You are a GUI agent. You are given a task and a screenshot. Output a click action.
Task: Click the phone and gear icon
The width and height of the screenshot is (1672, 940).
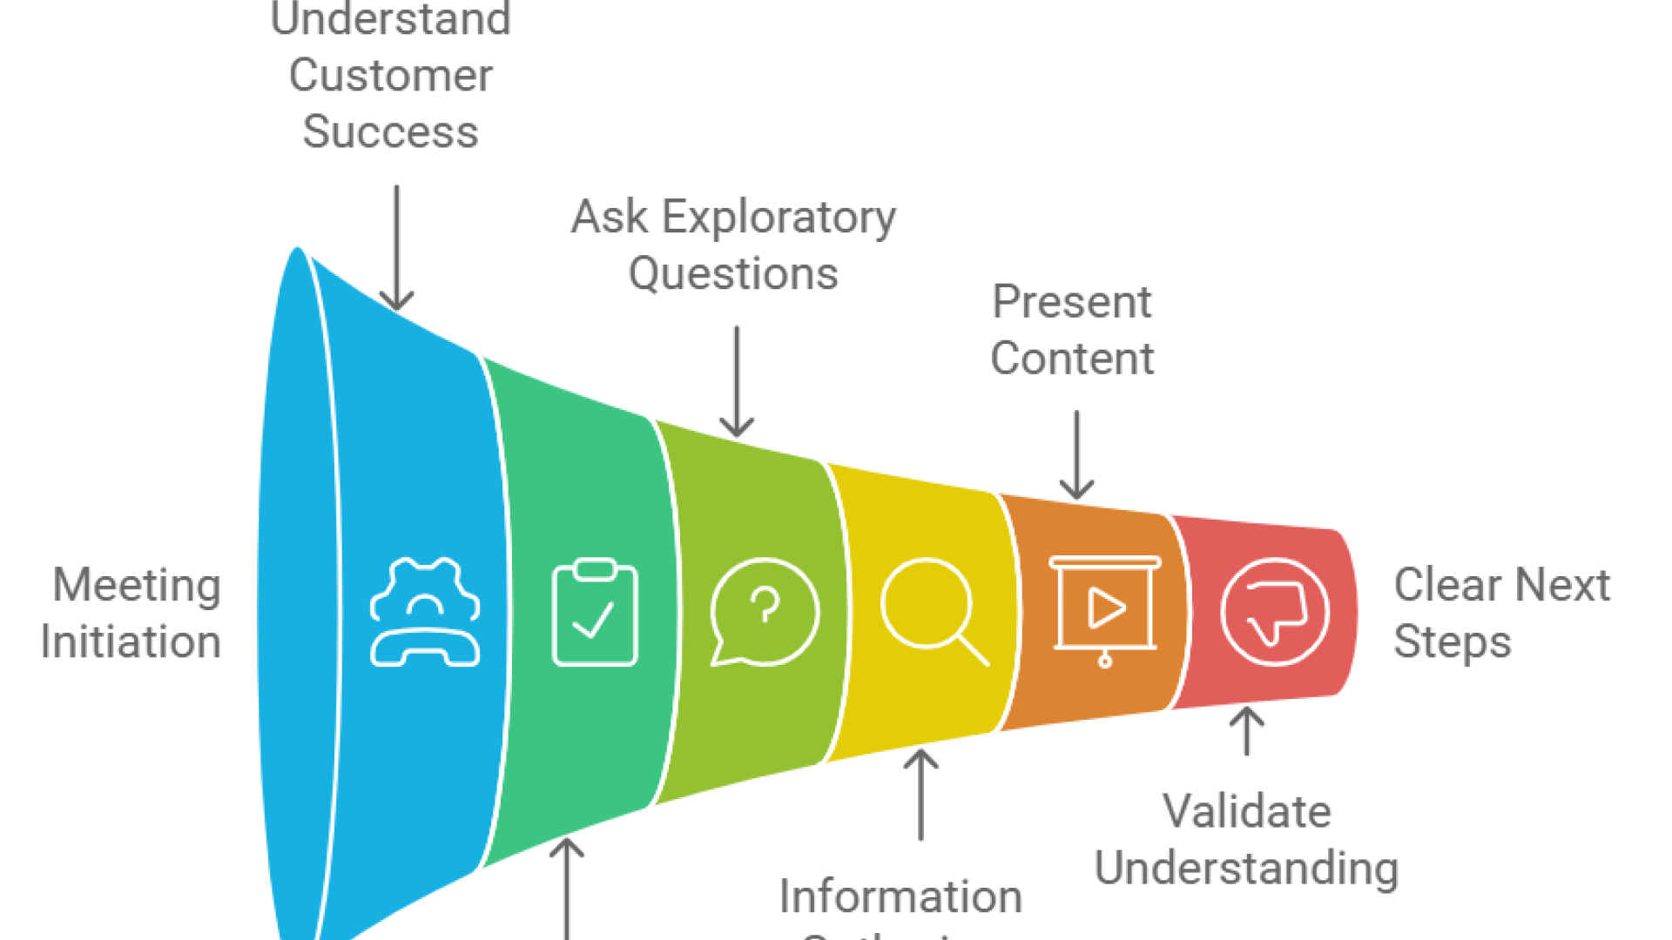pos(425,612)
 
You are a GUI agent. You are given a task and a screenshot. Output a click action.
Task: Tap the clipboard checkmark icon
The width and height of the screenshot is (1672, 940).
pos(595,612)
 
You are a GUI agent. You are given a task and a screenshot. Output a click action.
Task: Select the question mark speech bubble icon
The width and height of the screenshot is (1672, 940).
pos(765,612)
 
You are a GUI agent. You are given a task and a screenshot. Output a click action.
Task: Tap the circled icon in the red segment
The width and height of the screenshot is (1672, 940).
pos(1274,612)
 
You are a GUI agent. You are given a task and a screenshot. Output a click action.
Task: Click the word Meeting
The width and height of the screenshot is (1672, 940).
pos(137,585)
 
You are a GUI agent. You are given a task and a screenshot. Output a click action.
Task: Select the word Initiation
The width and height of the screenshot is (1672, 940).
pos(131,642)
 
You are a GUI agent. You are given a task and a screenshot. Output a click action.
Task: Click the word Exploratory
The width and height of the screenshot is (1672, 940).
pos(779,217)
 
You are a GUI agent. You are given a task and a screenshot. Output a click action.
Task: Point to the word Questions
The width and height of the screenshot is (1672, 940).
pos(733,274)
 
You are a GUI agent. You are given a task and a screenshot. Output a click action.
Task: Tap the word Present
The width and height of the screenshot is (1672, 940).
pos(1072,302)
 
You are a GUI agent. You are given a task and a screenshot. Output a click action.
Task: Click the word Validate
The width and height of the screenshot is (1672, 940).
pos(1246,811)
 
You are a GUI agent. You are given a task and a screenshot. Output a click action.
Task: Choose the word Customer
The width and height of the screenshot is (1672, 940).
pos(390,76)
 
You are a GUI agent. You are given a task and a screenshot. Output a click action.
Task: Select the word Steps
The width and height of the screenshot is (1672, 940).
pos(1452,642)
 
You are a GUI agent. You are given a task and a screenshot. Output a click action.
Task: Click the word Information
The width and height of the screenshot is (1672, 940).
pos(900,896)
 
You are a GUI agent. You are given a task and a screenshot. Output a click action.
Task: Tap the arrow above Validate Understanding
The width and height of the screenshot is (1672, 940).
pos(1246,731)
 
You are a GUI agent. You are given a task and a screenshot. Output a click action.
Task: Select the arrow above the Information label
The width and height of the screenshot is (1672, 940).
pos(920,794)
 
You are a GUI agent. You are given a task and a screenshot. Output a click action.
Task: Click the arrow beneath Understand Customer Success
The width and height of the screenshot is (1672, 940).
pos(396,248)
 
